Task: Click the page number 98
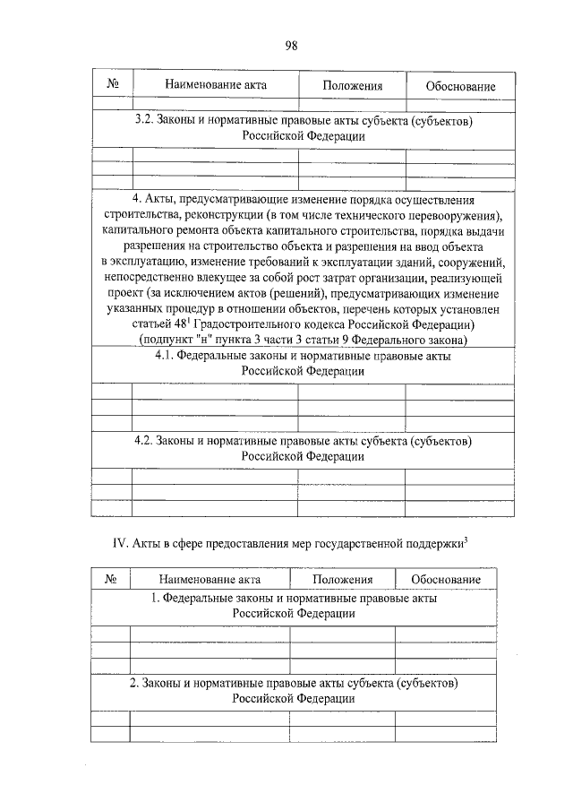[292, 47]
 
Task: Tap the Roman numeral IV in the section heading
[118, 543]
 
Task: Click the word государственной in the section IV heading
[358, 543]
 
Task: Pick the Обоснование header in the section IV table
[445, 580]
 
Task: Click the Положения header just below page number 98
[352, 86]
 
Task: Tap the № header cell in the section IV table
[112, 580]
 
